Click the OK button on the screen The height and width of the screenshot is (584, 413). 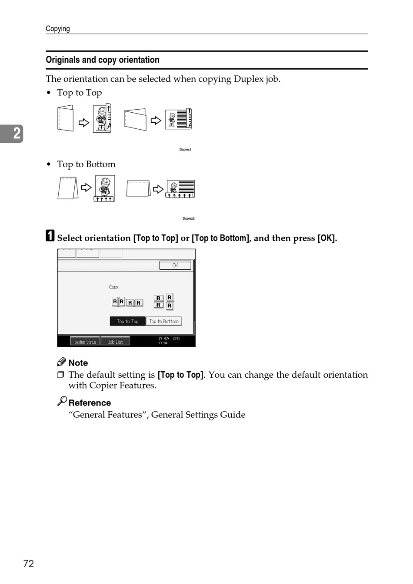coord(175,265)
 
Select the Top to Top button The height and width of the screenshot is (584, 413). coord(127,321)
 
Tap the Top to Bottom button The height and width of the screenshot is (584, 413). coord(164,321)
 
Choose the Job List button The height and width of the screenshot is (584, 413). coord(115,342)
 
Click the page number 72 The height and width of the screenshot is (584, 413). coord(29,564)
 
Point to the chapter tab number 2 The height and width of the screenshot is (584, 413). coord(16,133)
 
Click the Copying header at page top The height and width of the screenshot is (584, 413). coord(58,29)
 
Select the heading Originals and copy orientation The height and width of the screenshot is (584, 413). coord(103,60)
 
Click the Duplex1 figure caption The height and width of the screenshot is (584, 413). coord(185,150)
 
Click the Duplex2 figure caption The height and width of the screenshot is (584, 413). coord(188,218)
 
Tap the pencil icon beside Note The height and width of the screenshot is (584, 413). coord(62,362)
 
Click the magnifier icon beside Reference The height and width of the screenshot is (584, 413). coord(62,401)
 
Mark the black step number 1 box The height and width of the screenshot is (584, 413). coord(50,236)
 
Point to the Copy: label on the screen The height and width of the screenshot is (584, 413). coord(114,287)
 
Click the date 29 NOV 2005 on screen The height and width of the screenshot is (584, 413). coord(169,338)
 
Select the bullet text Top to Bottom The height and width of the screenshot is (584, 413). coord(87,164)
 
